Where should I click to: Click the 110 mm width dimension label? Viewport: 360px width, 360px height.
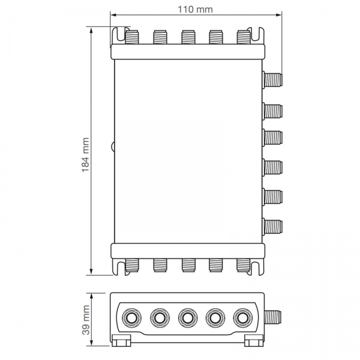[x=195, y=10]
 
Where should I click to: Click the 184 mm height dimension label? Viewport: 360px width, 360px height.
[x=85, y=155]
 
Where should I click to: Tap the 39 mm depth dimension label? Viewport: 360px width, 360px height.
[x=86, y=320]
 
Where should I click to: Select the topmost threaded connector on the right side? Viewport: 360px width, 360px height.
[x=272, y=79]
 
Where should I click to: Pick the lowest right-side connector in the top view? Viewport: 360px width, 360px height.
[x=272, y=226]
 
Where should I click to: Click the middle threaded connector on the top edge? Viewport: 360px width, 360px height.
[x=188, y=37]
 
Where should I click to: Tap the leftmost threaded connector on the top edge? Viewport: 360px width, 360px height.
[x=132, y=37]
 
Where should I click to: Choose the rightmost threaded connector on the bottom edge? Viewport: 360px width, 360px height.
[x=244, y=265]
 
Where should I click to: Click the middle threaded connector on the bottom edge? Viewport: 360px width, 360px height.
[x=188, y=265]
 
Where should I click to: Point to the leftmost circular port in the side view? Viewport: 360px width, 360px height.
[x=131, y=318]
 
